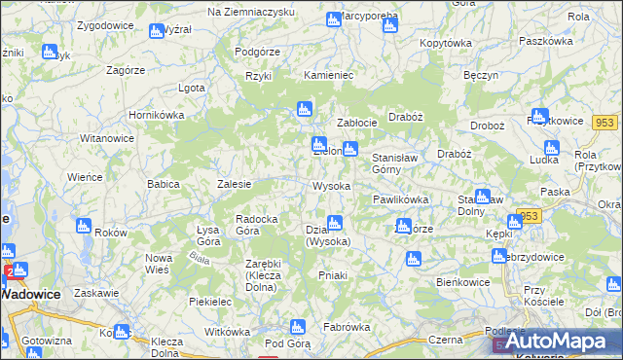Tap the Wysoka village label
(x=331, y=185)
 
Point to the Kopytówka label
(x=445, y=44)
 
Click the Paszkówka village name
(x=546, y=42)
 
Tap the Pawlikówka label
(x=400, y=199)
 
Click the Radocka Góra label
(x=260, y=225)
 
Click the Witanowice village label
(x=105, y=139)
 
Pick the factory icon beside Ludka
(x=552, y=148)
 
